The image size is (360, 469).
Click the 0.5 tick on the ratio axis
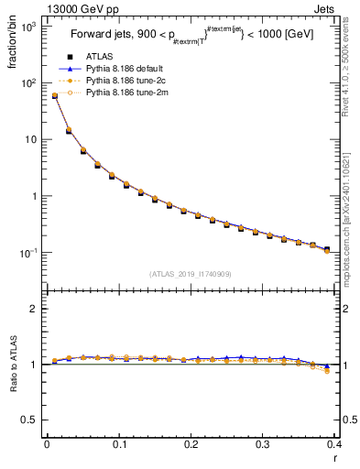[x=29, y=420]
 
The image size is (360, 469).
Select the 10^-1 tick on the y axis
[x=27, y=253]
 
